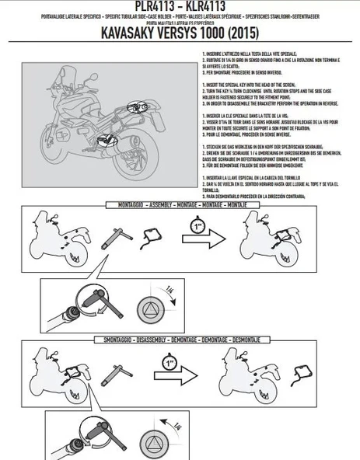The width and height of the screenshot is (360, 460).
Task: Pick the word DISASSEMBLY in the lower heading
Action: coord(158,340)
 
